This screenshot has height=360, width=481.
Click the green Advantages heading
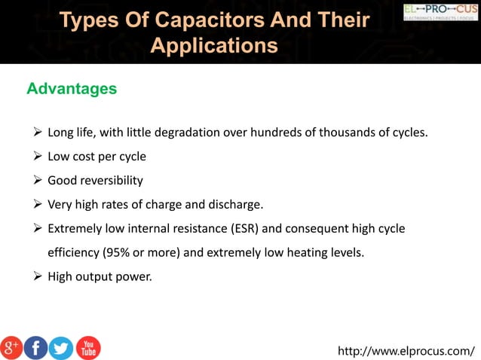[x=72, y=90]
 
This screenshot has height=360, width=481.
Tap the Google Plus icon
[x=11, y=347]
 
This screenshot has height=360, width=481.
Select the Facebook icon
[x=36, y=347]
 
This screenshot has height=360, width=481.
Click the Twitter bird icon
[x=61, y=347]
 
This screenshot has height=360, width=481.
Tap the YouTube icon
[x=87, y=347]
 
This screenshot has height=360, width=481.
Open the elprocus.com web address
[x=406, y=350]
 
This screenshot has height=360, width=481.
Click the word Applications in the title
[x=214, y=46]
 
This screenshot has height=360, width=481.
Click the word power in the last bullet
[x=134, y=276]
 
